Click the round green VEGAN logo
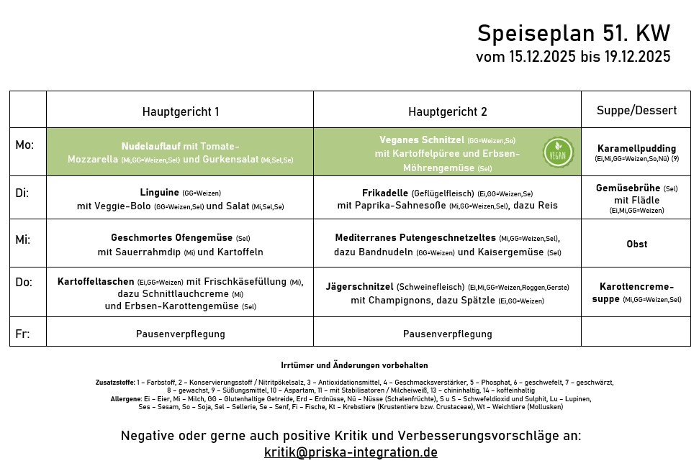558,152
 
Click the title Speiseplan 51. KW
574,34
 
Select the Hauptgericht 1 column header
180,111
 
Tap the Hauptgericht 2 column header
447,111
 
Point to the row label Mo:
24,145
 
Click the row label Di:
23,193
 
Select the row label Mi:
23,239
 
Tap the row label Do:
24,282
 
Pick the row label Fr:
23,334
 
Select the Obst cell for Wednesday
636,244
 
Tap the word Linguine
159,193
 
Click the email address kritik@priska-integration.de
351,452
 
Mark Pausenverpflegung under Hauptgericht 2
447,334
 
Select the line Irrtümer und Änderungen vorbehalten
354,365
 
